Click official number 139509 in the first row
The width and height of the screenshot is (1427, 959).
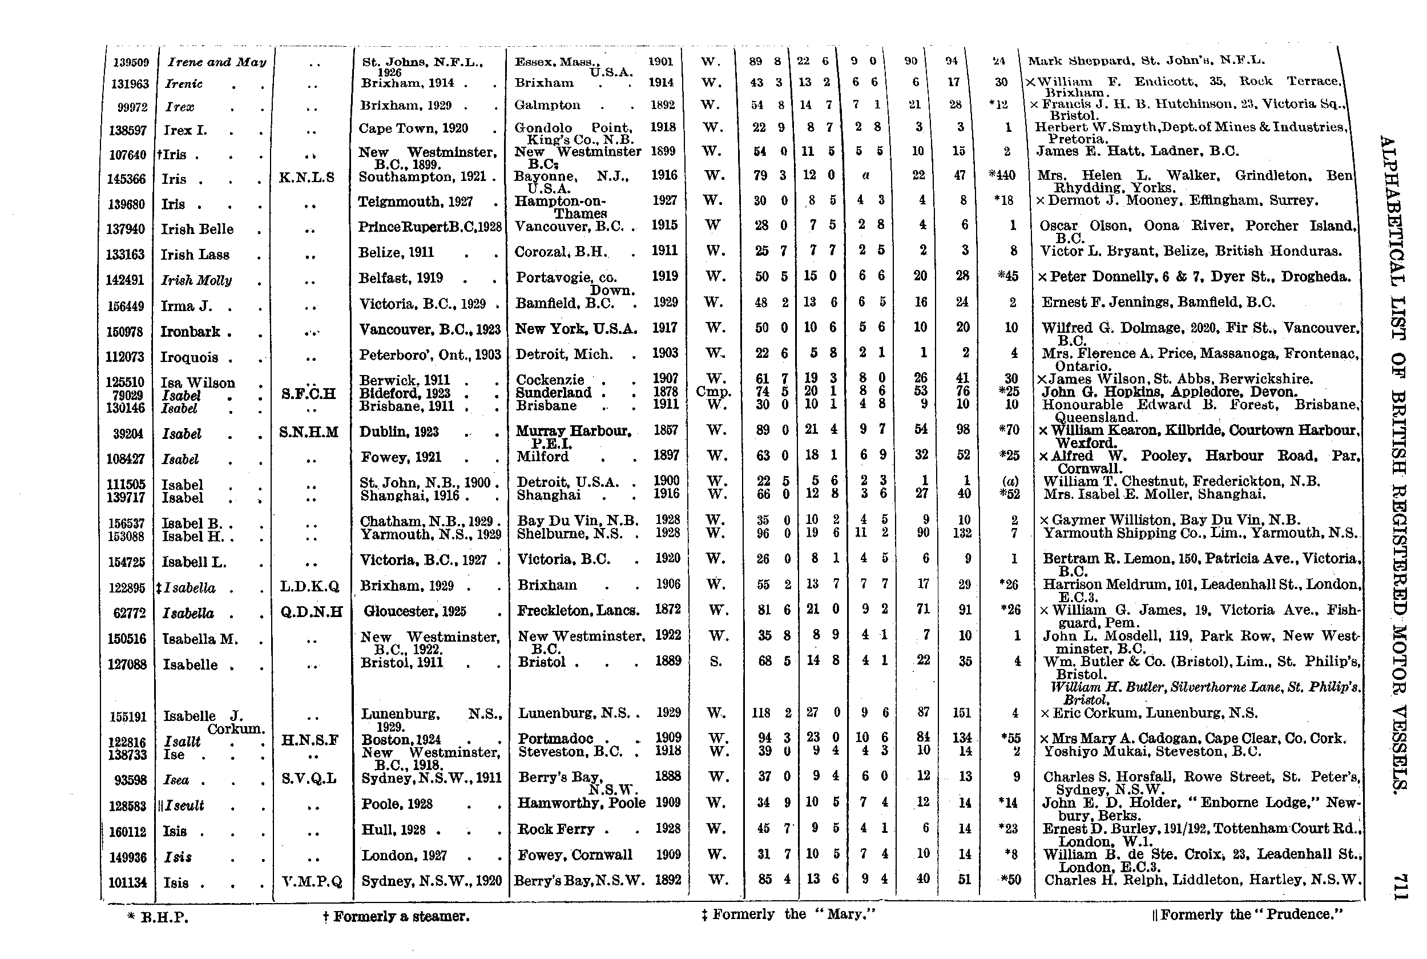(x=130, y=62)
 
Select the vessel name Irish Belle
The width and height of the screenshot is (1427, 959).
(x=197, y=229)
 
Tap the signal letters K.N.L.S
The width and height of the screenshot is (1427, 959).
(x=307, y=178)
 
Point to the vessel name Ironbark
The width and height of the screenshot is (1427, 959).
(x=190, y=332)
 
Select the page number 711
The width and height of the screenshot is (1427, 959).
(x=1398, y=887)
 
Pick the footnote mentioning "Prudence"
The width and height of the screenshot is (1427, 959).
(x=1247, y=914)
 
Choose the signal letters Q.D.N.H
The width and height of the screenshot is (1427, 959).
(x=311, y=611)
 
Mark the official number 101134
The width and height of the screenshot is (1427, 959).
(x=127, y=883)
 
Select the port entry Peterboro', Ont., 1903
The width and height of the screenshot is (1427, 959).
(x=430, y=354)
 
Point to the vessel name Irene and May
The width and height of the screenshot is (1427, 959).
(x=217, y=62)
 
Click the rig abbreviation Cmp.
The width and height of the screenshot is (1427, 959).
(x=713, y=392)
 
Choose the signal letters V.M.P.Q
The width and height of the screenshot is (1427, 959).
(x=312, y=882)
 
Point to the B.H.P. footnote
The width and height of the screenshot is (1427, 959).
(x=158, y=917)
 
